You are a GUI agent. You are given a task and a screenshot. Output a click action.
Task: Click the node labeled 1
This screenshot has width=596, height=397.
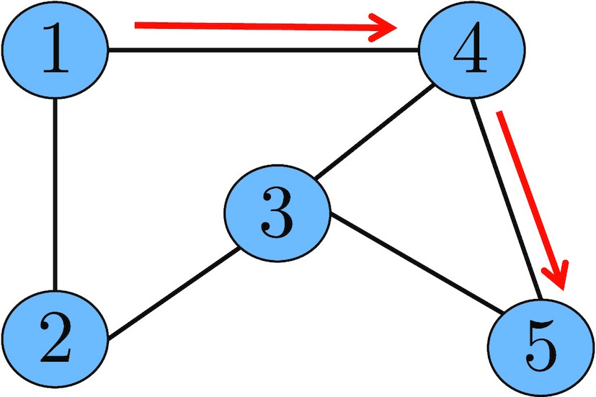55,50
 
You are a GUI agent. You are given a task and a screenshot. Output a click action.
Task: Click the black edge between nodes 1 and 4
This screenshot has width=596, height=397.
264,50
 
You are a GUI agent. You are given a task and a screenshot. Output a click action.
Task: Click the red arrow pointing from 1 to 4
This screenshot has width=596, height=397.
259,28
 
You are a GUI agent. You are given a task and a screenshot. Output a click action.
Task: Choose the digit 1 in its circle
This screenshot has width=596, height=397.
55,50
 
